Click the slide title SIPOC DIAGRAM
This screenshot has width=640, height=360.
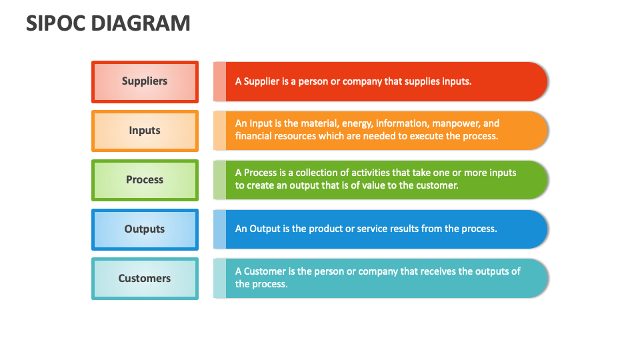108,23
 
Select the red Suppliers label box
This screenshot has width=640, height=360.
145,81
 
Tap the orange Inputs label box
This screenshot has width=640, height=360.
145,131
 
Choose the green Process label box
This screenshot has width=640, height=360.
145,180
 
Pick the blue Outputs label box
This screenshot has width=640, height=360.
145,229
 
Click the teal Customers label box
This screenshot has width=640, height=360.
145,279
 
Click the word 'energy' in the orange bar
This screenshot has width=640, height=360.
357,123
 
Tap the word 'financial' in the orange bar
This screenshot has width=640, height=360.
254,136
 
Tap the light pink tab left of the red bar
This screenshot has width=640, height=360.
219,81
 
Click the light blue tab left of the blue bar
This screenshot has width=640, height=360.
219,229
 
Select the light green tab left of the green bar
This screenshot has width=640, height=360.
219,180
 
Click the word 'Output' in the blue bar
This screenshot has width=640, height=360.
265,229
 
